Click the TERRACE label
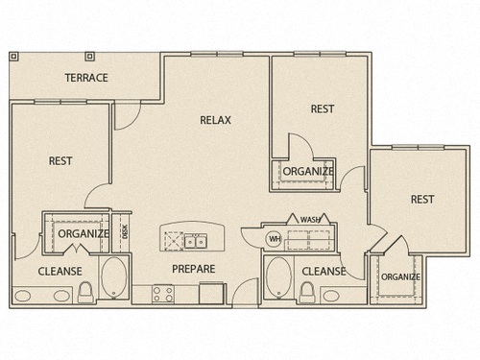[x=86, y=78]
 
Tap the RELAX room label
[x=215, y=120]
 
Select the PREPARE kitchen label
[x=194, y=269]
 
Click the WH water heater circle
[x=275, y=239]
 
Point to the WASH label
[x=310, y=220]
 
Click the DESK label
[x=125, y=231]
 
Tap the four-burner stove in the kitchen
[x=163, y=294]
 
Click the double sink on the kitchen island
[x=196, y=241]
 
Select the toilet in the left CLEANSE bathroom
[x=85, y=292]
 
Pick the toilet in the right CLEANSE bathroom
[x=307, y=292]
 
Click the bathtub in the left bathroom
[x=114, y=277]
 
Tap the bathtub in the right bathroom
[x=278, y=277]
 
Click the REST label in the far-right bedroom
[x=422, y=200]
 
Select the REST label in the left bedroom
[x=60, y=160]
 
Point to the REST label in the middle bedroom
[x=323, y=108]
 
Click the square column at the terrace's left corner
[x=13, y=57]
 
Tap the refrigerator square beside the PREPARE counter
[x=211, y=293]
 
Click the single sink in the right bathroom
[x=331, y=296]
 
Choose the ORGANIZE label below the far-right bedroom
[x=400, y=276]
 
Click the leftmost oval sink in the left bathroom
[x=23, y=296]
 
